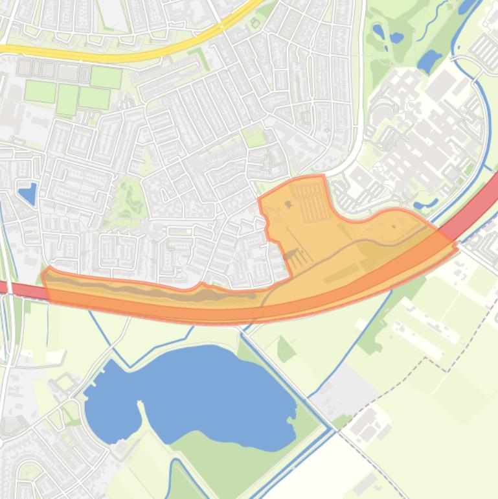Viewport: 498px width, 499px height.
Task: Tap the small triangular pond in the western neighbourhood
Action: tap(28, 192)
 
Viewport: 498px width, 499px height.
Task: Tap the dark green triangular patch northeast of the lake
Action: tap(285, 351)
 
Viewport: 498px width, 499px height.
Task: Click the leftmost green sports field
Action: tap(40, 91)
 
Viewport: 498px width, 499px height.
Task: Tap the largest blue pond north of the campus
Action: tap(429, 62)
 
